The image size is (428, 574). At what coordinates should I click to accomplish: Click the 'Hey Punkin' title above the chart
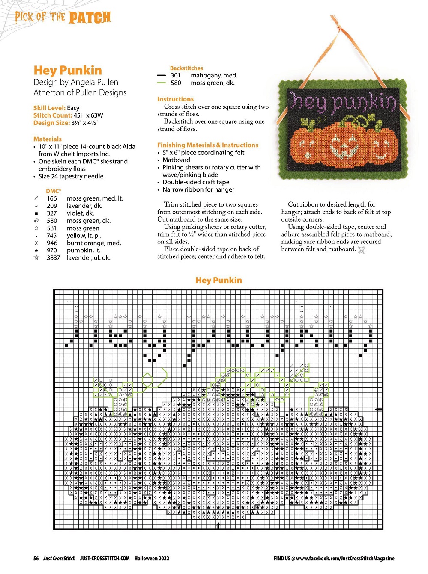coord(218,280)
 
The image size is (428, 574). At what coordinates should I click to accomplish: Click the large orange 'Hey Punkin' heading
coord(68,70)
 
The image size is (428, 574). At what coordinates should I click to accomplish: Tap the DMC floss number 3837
coord(54,258)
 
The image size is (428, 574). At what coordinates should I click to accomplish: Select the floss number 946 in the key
coord(52,243)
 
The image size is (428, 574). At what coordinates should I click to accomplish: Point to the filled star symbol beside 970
coord(36,250)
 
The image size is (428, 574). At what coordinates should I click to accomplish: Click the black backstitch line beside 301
coord(161,75)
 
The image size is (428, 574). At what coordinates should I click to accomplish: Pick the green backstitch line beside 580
coord(161,83)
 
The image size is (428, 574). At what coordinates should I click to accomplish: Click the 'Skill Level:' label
coord(49,108)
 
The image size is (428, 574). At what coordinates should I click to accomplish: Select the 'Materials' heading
coord(48,139)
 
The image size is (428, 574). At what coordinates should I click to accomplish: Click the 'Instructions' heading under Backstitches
coord(175,99)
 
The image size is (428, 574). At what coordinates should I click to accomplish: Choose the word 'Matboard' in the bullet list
coord(176,160)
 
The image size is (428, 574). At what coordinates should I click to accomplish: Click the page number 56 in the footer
coord(36,559)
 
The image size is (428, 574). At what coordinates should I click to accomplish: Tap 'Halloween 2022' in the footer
coord(152,559)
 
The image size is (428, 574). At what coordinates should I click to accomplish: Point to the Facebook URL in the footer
coord(345,559)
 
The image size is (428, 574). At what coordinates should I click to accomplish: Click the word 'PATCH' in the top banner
coord(90,18)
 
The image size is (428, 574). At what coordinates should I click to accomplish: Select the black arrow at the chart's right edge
coord(378,409)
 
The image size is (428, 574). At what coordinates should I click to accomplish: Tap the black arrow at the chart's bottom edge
coord(218,525)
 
